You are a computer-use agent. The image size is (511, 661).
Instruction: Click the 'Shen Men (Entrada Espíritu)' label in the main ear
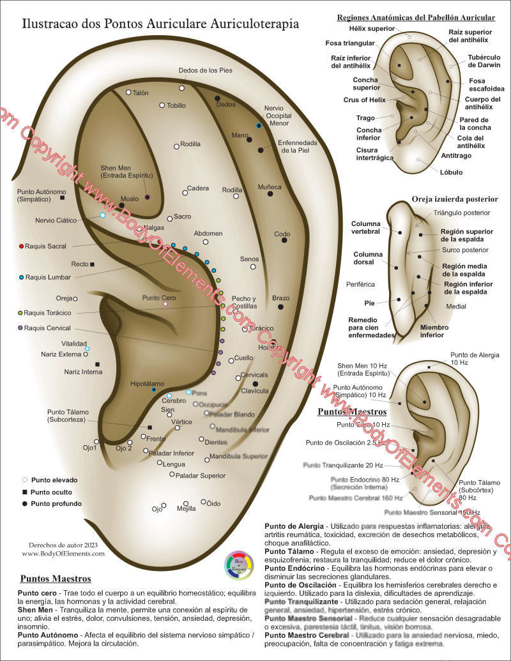tap(126, 171)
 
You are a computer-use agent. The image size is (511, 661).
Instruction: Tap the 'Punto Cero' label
tap(158, 298)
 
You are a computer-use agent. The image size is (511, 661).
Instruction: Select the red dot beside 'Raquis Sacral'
tap(22, 246)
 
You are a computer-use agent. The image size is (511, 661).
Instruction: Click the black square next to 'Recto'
tap(93, 264)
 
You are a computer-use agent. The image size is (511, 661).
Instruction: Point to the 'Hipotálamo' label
tap(148, 384)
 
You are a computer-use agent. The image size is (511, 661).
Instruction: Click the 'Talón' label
tap(141, 93)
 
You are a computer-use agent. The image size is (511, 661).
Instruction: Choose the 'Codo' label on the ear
tap(282, 234)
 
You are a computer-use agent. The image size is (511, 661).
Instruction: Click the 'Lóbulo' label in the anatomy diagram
tap(451, 172)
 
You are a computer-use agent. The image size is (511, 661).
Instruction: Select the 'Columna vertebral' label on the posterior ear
tap(366, 228)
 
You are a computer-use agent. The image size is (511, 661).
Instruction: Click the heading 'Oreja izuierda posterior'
tap(455, 199)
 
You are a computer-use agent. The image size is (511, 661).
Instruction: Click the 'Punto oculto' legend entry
tap(51, 492)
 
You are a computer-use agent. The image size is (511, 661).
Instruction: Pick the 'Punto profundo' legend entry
tap(56, 503)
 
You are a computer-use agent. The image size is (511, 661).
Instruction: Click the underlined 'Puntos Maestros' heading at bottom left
tap(56, 579)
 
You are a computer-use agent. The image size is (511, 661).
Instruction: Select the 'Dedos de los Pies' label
tap(206, 71)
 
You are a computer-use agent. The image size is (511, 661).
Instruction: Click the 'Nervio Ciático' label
tap(56, 220)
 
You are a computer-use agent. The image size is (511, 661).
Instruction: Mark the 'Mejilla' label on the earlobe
tap(186, 509)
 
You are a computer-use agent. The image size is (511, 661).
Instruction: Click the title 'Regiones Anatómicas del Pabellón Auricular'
tap(416, 17)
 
